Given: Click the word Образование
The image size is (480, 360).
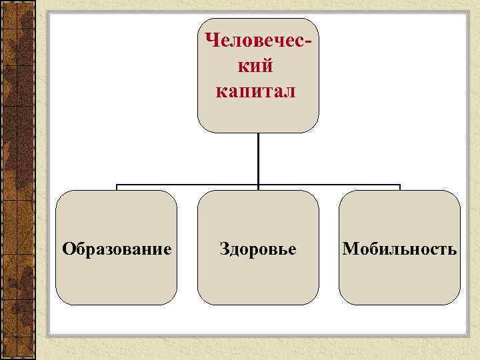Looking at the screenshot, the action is pos(117,249).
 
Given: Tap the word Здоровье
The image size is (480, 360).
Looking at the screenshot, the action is pos(258,249).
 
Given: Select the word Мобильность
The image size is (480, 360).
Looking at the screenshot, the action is pos(399,249).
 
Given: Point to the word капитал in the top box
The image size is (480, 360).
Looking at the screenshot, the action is pos(255,90).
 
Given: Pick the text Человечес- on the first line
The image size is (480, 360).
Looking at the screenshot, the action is pos(258,41).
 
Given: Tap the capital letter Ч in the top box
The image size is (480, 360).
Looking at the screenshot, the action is pos(213,41).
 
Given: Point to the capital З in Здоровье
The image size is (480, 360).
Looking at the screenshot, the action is pos(225,249).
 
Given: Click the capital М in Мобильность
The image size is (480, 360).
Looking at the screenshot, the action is pos(349,249).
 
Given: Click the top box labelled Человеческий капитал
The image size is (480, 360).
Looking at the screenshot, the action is pos(258,113).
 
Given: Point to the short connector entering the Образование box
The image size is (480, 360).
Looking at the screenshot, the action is pos(117,187).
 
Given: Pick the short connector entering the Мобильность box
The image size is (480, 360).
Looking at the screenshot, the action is pos(399,187).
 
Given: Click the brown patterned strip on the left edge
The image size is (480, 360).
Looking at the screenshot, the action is pos(17,180).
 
